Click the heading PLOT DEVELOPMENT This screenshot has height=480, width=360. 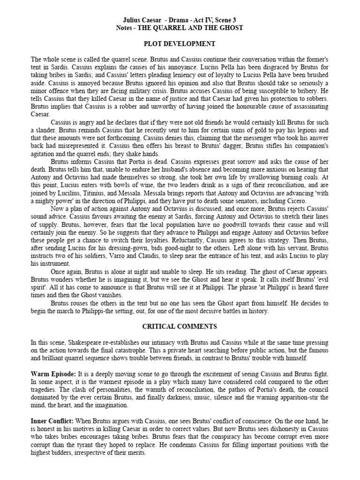coord(180,44)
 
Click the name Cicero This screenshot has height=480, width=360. coord(295,201)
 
